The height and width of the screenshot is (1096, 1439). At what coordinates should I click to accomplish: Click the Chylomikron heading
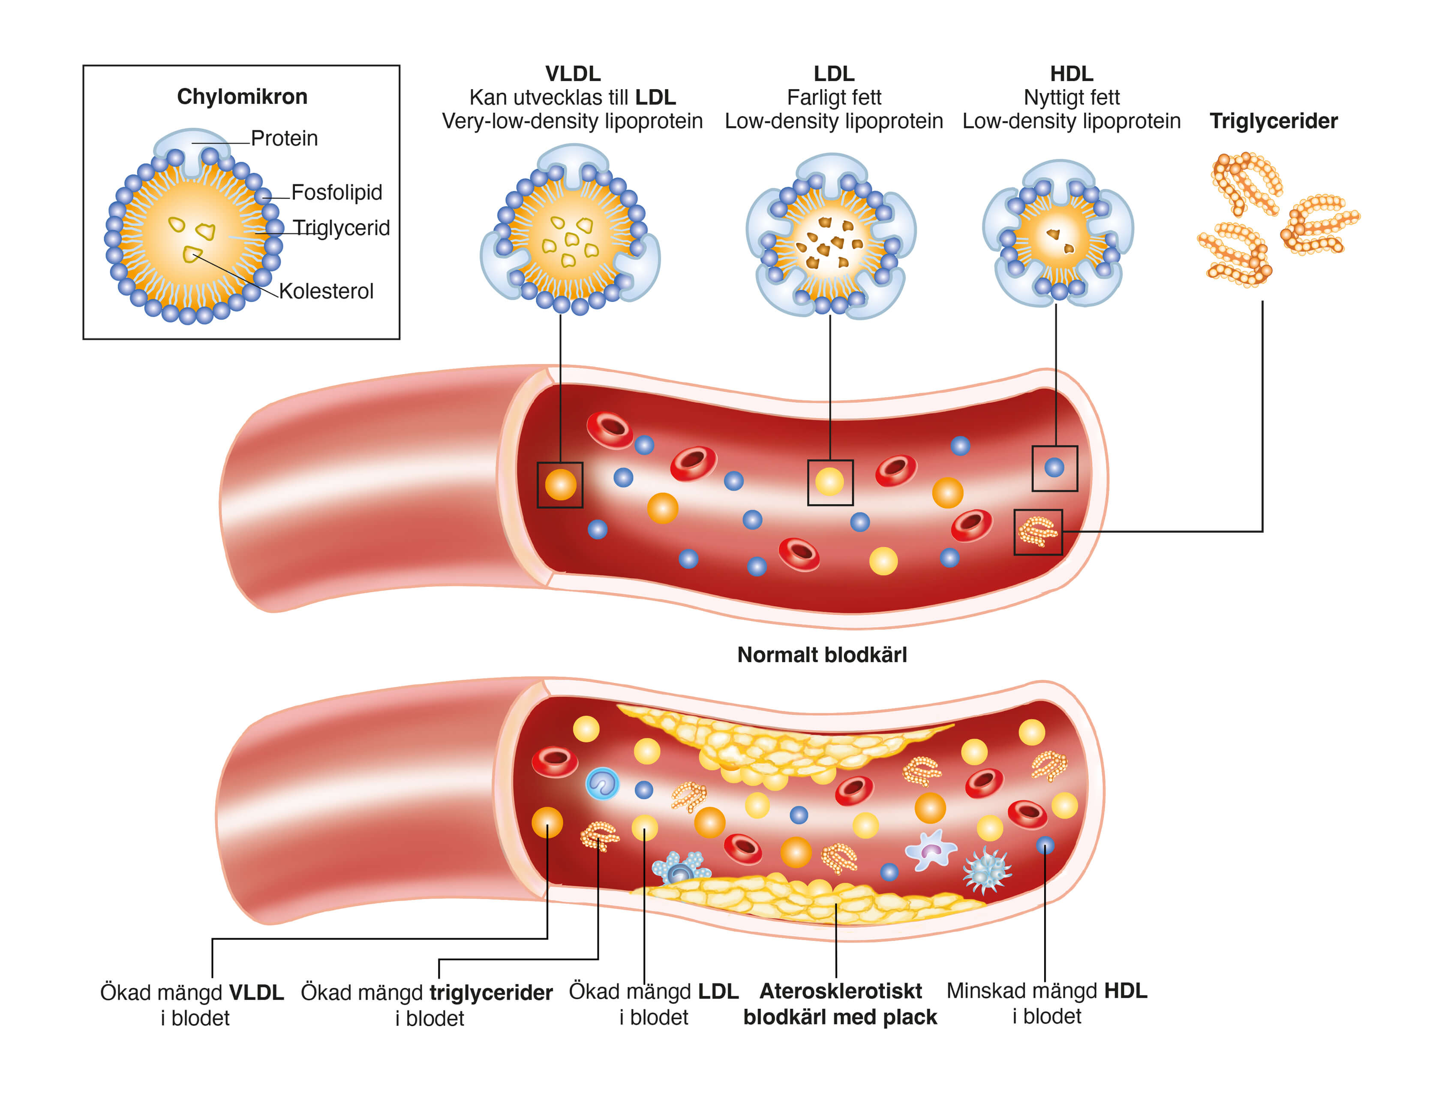coord(242,97)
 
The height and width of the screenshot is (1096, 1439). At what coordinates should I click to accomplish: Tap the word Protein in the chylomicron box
coord(284,138)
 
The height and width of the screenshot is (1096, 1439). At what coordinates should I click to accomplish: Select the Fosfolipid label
coord(336,193)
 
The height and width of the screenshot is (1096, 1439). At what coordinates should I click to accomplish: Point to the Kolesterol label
coord(326,291)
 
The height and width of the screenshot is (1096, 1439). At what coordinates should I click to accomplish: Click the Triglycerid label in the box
coord(341,228)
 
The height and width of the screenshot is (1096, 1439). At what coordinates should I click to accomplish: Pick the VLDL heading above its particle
coord(572,74)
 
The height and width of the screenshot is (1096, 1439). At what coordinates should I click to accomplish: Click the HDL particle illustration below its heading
coord(1057,233)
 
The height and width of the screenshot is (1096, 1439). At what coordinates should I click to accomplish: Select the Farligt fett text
coord(833,98)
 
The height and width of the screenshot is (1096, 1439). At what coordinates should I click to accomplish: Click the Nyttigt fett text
coord(1071,98)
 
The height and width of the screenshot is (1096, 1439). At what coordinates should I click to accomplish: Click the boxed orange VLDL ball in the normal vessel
coord(560,485)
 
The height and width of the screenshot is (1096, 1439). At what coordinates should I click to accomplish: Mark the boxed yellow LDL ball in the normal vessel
coord(829,482)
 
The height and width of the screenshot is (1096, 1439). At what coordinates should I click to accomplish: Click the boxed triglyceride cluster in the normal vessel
coord(1037,531)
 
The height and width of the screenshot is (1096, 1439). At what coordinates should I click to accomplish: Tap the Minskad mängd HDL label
coord(1046,1003)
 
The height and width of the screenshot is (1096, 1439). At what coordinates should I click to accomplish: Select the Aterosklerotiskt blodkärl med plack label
coord(840,1004)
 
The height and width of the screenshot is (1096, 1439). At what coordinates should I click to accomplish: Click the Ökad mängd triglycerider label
coord(427,1005)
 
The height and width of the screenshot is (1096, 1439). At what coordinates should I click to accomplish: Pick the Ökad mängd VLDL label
coord(192,1005)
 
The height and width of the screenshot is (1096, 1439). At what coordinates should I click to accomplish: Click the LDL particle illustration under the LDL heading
coord(831,236)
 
